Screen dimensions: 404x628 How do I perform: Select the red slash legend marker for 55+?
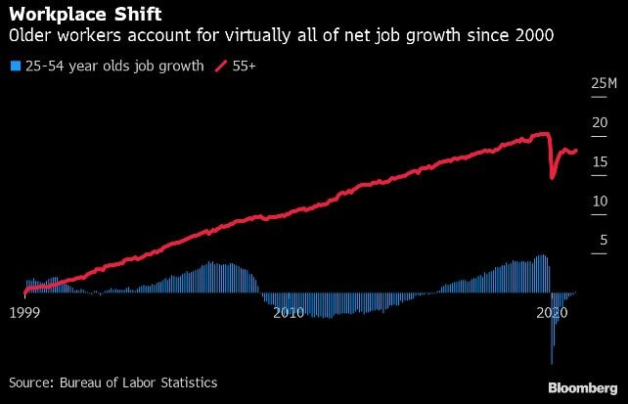point(220,67)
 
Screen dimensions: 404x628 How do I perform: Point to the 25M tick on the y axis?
point(604,84)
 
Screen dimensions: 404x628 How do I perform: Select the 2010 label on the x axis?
point(289,312)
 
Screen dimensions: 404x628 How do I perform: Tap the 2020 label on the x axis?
point(554,312)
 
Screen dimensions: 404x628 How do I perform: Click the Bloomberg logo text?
point(582,386)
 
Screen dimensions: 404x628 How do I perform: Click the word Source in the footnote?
point(31,382)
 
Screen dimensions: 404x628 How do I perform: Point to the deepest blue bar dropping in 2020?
point(552,362)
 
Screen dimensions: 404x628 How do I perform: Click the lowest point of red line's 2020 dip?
point(553,177)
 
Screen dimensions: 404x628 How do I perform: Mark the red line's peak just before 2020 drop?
point(544,133)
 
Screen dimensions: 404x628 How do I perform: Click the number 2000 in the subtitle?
point(534,37)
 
